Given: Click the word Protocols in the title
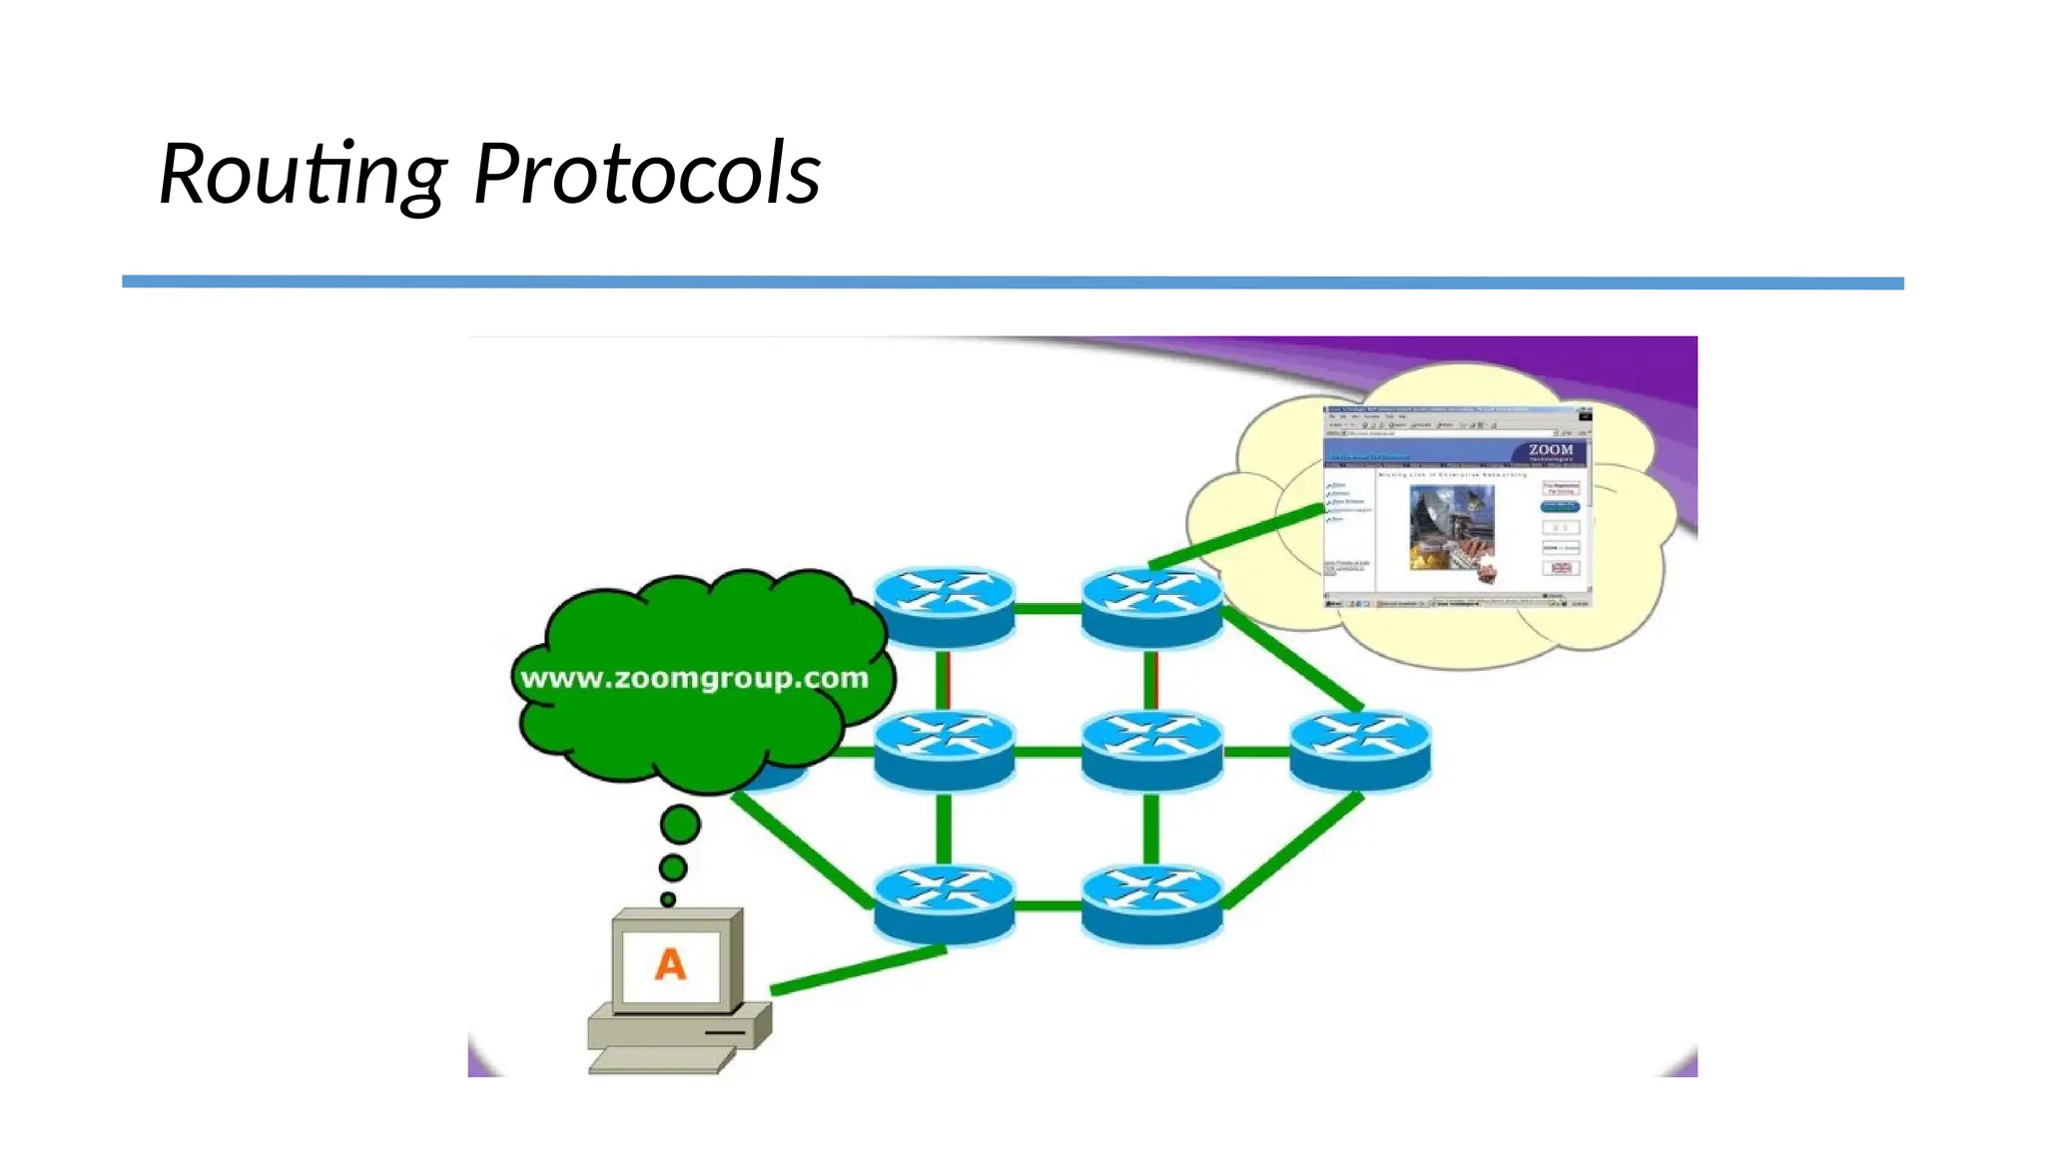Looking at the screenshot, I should (x=646, y=175).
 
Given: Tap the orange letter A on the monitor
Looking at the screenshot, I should (x=670, y=964).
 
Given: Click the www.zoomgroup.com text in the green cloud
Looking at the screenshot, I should (x=694, y=678).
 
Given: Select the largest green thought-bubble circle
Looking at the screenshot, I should (x=680, y=825).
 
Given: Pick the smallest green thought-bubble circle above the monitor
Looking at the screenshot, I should (x=668, y=899).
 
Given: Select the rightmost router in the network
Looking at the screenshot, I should (x=1359, y=750).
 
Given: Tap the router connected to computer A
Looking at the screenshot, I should (x=944, y=904).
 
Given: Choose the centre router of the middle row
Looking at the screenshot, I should (x=1151, y=750).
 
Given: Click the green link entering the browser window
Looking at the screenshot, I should (x=1238, y=537).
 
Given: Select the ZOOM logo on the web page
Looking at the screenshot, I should (x=1550, y=451).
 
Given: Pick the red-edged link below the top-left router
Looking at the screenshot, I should (x=944, y=679).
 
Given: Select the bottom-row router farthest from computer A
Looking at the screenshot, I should (x=1151, y=904).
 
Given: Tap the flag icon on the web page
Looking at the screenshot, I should (x=1561, y=568).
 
